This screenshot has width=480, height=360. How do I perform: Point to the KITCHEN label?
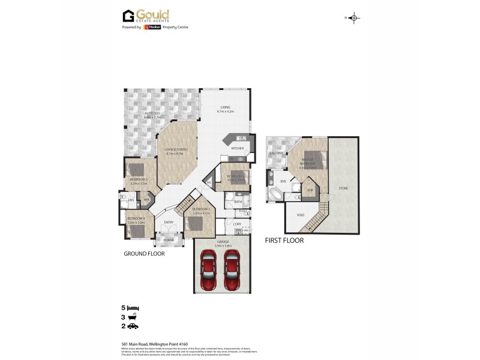tap(238, 148)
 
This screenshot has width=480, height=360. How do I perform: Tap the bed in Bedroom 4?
tap(137, 228)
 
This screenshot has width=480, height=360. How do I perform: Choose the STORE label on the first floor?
tap(343, 188)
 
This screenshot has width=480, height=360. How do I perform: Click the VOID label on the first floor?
tap(301, 214)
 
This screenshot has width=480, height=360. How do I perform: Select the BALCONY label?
tap(276, 154)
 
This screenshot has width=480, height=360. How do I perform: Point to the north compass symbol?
tap(354, 18)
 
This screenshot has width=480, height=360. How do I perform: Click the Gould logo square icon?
tap(128, 16)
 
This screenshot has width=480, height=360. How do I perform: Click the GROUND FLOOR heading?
tap(144, 254)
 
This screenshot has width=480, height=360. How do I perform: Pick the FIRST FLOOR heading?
tap(284, 241)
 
